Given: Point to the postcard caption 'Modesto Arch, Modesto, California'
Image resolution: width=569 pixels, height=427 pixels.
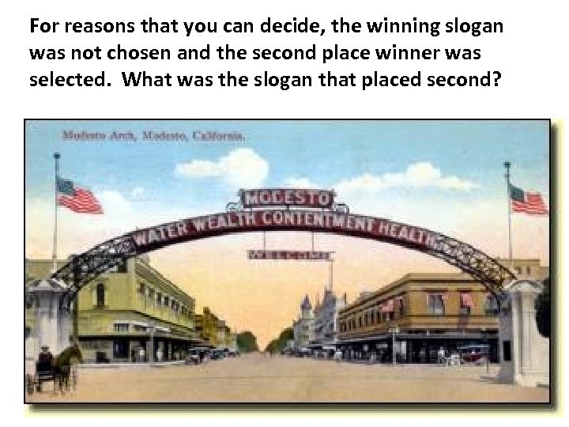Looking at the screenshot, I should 154,135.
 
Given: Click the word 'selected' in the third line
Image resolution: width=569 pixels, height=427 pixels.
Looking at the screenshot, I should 62,81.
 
